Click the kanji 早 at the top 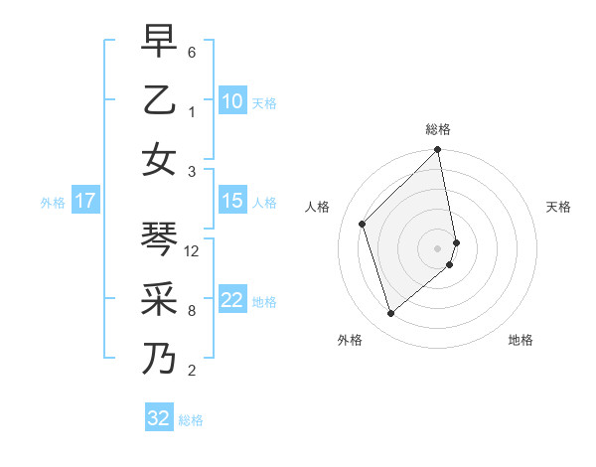click(159, 42)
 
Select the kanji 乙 click(159, 100)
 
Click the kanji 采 click(159, 299)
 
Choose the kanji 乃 click(159, 358)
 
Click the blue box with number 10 click(232, 101)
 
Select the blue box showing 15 click(232, 201)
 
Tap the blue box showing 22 click(232, 300)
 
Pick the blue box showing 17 click(84, 201)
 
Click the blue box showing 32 click(159, 418)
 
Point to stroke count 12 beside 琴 click(193, 251)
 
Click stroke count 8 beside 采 click(192, 311)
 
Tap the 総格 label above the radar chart click(438, 129)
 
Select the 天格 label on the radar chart click(558, 207)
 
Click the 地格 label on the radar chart click(521, 340)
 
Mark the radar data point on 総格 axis click(438, 151)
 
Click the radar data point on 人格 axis click(363, 224)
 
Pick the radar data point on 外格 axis click(390, 314)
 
